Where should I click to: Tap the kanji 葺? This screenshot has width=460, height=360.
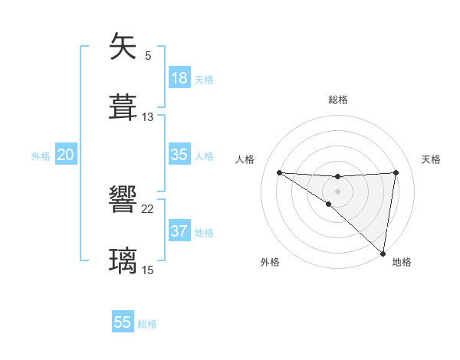click(x=123, y=106)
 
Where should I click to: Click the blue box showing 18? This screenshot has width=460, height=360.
click(x=179, y=78)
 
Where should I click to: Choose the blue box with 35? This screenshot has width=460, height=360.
click(x=179, y=155)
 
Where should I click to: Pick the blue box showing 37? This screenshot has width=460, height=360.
click(x=179, y=231)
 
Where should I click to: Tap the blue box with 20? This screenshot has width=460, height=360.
click(x=65, y=155)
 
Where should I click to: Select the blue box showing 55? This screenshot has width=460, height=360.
click(x=123, y=322)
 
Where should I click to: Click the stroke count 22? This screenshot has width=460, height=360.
click(x=148, y=209)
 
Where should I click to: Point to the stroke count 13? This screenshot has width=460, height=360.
click(x=148, y=116)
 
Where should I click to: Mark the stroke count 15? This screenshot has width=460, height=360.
click(x=148, y=270)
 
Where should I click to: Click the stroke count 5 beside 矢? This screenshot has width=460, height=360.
click(x=148, y=56)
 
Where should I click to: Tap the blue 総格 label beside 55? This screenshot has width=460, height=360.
click(x=147, y=324)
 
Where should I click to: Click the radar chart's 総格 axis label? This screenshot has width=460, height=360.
click(x=337, y=100)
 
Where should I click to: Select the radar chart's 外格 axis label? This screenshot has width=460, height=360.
click(x=270, y=262)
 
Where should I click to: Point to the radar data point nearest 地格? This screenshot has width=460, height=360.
click(x=383, y=253)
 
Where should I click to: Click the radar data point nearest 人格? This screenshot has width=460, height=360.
click(x=279, y=172)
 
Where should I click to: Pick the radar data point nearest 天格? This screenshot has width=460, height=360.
click(x=396, y=172)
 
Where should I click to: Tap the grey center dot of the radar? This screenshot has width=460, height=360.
click(x=337, y=190)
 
